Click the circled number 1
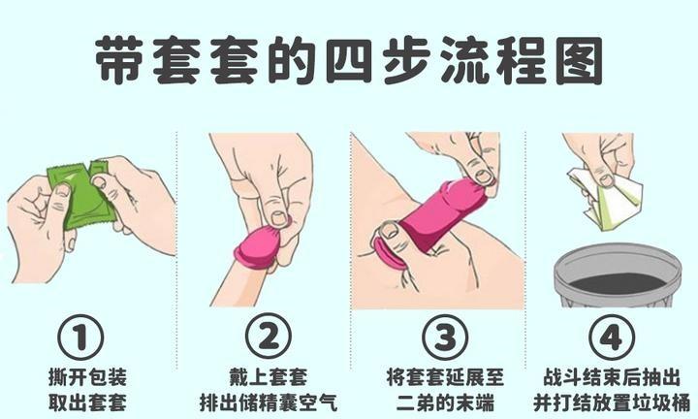pyautogui.click(x=80, y=338)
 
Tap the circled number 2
pyautogui.click(x=268, y=338)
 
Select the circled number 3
pyautogui.click(x=445, y=338)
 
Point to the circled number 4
pyautogui.click(x=611, y=338)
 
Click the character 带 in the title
pyautogui.click(x=119, y=60)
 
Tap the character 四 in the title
pyautogui.click(x=349, y=60)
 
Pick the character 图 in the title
pyautogui.click(x=580, y=60)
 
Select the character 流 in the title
pyautogui.click(x=463, y=60)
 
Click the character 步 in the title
pyautogui.click(x=406, y=60)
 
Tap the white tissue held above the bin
pyautogui.click(x=606, y=198)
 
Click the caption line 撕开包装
pyautogui.click(x=87, y=377)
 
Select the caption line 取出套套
pyautogui.click(x=87, y=403)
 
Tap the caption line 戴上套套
pyautogui.click(x=269, y=377)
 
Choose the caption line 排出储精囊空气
pyautogui.click(x=269, y=403)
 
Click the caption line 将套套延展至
pyautogui.click(x=445, y=377)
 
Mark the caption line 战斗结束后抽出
pyautogui.click(x=612, y=377)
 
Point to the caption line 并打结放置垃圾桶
pyautogui.click(x=612, y=403)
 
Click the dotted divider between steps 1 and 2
pyautogui.click(x=176, y=250)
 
